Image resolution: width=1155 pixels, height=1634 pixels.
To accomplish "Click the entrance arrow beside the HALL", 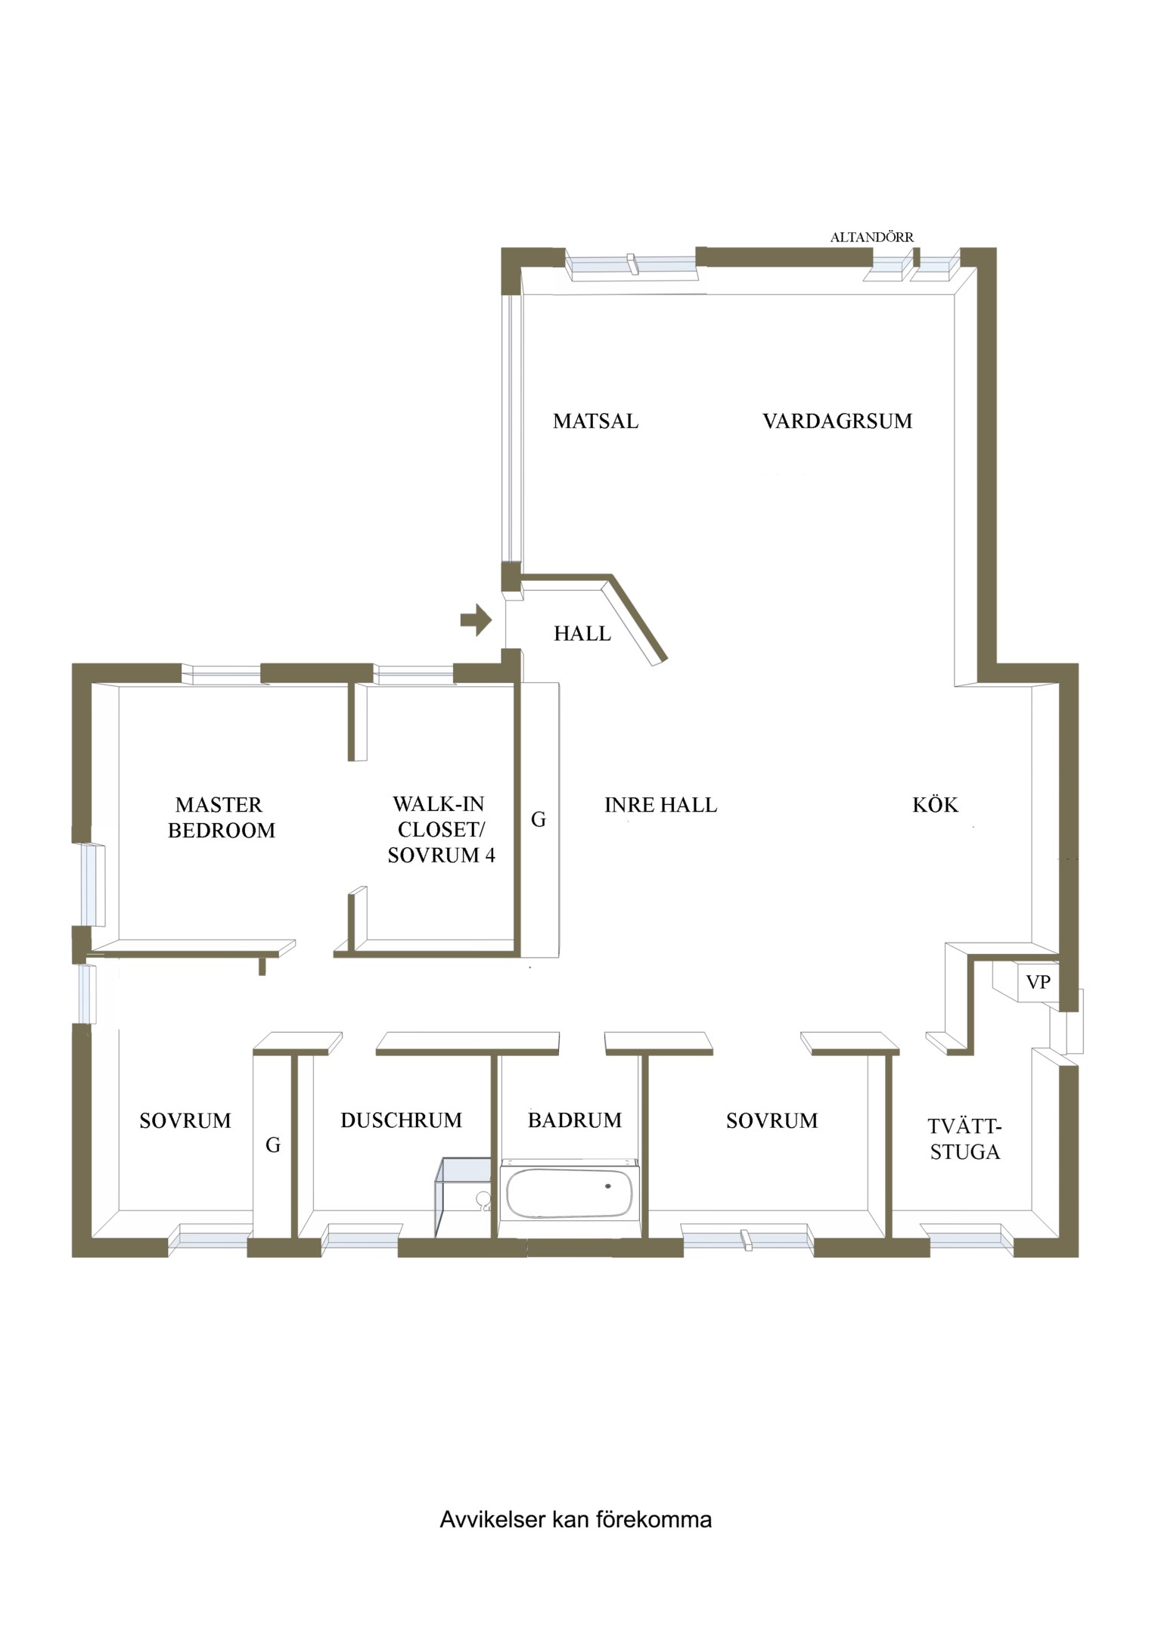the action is [x=476, y=620].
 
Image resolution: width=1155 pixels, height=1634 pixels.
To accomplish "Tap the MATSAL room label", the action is [x=595, y=421].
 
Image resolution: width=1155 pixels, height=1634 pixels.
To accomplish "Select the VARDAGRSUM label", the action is [x=837, y=421].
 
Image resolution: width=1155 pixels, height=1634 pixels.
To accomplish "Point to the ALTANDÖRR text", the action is [x=871, y=237].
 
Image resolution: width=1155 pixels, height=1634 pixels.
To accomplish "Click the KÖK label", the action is [x=935, y=804].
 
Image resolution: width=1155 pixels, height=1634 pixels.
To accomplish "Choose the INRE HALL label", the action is [x=660, y=805].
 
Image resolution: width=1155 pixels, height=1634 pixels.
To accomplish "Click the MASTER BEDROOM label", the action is [x=221, y=818].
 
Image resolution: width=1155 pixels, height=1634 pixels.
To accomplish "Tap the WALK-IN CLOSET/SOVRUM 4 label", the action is [x=441, y=830].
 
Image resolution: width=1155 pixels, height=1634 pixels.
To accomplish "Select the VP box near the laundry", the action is [x=1038, y=982].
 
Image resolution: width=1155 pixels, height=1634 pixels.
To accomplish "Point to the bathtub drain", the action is [x=607, y=1186].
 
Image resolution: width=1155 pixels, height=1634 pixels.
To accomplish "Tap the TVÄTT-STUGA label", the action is [x=964, y=1139].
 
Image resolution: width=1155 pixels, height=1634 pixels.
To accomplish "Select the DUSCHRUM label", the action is [x=401, y=1120].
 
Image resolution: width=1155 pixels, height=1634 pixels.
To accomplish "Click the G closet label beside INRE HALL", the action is [x=539, y=819].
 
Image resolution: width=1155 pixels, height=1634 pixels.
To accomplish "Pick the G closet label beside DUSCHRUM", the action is [x=273, y=1145].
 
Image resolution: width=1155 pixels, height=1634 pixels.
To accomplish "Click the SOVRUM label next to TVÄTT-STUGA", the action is [x=772, y=1120].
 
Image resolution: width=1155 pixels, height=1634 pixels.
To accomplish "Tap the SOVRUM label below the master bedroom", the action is [x=185, y=1120].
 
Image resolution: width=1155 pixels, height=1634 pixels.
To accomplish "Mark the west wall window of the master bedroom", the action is [x=93, y=884].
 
